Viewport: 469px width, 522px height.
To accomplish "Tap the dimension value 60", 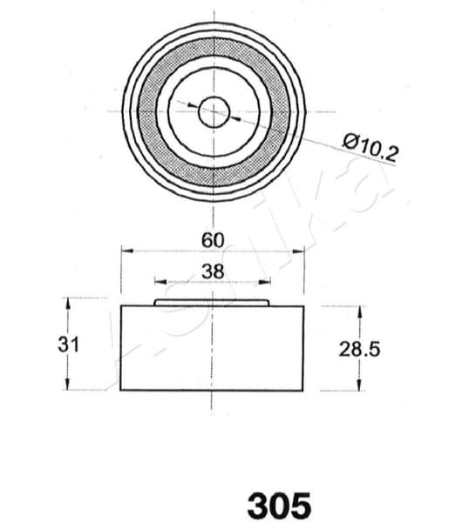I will (x=213, y=238).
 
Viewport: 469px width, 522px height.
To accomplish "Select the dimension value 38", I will (x=213, y=271).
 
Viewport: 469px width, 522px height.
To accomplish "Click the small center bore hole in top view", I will (x=214, y=111).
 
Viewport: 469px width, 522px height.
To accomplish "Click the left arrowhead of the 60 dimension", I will (x=125, y=251).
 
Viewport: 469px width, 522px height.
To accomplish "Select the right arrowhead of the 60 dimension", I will (x=301, y=251).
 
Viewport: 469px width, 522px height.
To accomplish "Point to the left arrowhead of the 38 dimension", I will (x=159, y=282).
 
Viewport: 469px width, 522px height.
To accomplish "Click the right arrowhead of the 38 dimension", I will (x=266, y=282).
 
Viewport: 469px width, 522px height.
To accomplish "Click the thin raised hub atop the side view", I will (x=213, y=303).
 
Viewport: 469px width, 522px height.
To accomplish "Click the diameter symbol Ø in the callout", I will (x=350, y=140).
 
